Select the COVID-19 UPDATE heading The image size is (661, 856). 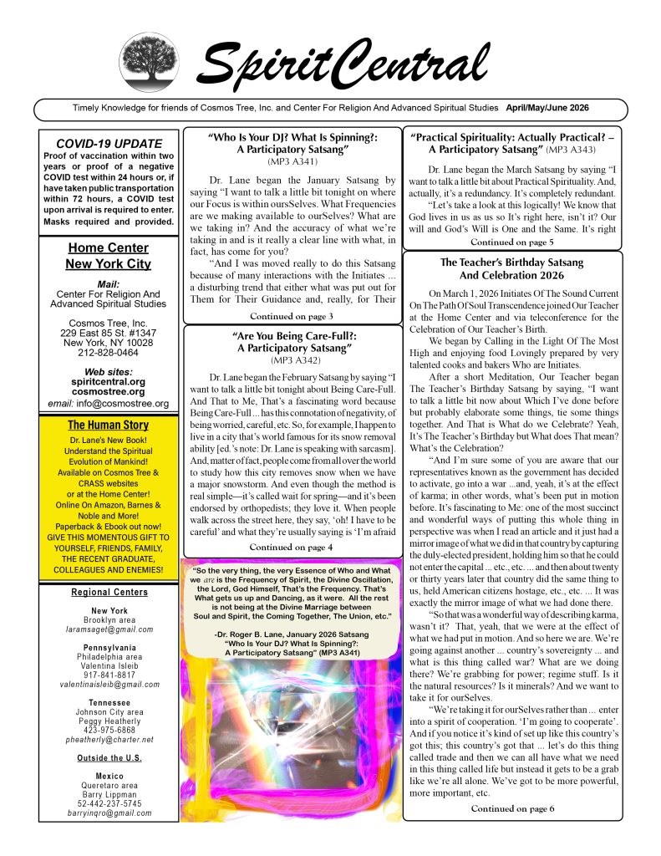click(108, 143)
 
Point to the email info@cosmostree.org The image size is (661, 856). click(108, 404)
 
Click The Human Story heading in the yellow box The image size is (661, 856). click(108, 425)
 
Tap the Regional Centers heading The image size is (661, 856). click(108, 593)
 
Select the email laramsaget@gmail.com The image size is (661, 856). click(108, 629)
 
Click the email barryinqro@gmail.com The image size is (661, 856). click(108, 813)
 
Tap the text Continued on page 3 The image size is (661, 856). click(292, 316)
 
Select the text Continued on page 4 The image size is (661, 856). click(292, 548)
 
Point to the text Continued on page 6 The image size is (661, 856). click(512, 808)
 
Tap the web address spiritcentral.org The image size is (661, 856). click(108, 380)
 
